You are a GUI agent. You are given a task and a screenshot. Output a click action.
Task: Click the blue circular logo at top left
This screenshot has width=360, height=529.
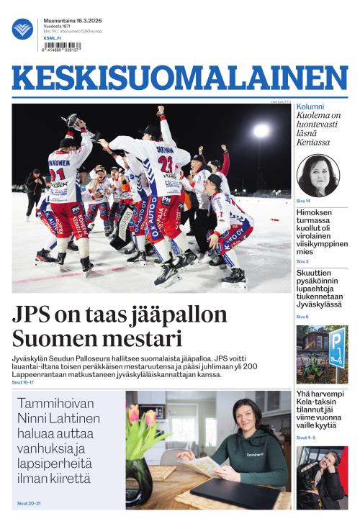22,29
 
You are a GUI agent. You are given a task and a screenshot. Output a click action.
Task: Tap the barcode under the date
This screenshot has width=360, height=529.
62,46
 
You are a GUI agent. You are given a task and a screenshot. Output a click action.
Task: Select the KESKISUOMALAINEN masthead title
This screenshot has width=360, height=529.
180,78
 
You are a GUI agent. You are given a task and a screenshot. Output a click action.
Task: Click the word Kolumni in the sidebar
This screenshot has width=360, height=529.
310,107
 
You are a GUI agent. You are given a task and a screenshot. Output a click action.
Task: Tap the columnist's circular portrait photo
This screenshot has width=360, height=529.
318,175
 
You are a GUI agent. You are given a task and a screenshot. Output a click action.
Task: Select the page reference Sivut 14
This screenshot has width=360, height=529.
303,201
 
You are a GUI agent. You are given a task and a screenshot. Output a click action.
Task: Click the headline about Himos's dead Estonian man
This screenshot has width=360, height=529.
321,232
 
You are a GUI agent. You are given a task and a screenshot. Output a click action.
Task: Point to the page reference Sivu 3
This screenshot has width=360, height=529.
302,261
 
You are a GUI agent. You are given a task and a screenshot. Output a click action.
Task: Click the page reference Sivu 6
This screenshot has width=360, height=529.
302,317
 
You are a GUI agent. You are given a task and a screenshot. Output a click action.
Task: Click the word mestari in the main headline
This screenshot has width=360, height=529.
143,338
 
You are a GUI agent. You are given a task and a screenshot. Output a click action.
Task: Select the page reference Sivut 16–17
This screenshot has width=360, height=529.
22,383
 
